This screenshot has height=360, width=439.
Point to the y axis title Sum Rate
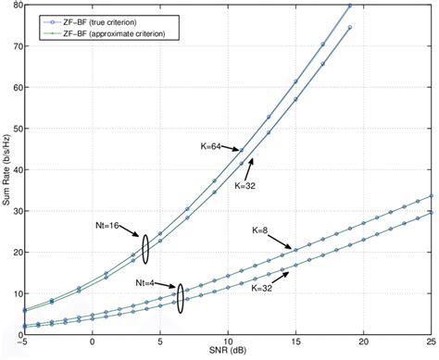[x=6, y=171]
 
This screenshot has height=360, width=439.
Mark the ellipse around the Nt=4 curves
[x=181, y=299]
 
